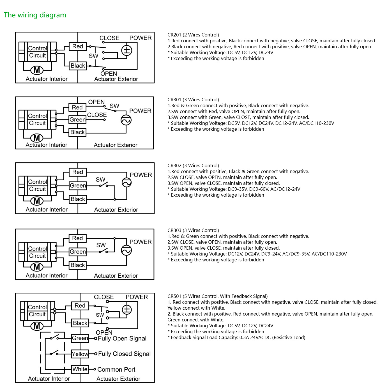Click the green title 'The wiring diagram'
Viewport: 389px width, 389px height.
click(35, 15)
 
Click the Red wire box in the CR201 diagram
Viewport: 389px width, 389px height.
click(78, 46)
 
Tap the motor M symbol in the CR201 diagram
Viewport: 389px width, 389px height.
click(37, 70)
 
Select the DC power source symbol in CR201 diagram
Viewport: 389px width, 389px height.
click(126, 50)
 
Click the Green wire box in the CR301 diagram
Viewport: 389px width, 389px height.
click(77, 120)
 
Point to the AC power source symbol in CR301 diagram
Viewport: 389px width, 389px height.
click(126, 120)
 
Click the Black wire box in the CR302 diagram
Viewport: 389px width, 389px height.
click(78, 199)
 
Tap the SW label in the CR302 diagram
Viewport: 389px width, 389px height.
click(100, 180)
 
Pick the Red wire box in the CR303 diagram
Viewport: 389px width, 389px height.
click(78, 238)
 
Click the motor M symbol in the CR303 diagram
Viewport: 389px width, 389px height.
click(37, 267)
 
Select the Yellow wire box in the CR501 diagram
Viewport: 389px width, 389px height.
click(80, 354)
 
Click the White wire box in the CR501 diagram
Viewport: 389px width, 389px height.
click(80, 369)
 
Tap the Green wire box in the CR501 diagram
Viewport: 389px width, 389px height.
click(80, 338)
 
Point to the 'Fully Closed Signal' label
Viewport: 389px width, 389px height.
click(124, 354)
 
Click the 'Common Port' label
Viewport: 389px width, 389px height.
click(116, 370)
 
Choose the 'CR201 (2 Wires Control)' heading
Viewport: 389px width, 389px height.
click(193, 35)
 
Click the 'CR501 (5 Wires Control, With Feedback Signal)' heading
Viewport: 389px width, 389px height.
click(218, 296)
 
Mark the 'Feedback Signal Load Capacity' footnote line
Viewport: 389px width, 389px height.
click(236, 337)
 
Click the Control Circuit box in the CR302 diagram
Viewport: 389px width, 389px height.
click(37, 185)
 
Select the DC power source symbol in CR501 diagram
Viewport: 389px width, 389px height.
click(127, 310)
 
